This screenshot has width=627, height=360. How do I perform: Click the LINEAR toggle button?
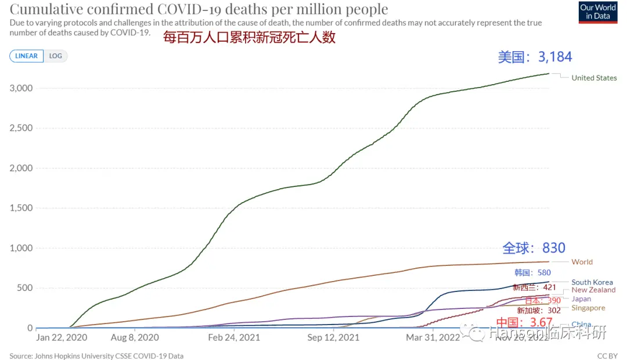tap(26, 56)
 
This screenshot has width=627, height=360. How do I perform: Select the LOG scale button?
tap(56, 56)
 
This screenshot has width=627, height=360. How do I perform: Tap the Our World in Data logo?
tap(598, 12)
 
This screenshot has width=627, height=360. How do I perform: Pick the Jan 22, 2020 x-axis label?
tap(62, 337)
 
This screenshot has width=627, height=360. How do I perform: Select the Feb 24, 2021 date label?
tap(234, 337)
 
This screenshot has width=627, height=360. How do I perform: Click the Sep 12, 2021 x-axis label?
tap(333, 337)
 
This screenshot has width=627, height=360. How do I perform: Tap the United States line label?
tap(594, 78)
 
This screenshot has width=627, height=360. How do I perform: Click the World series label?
tap(582, 262)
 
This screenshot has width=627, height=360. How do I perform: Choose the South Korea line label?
tap(592, 282)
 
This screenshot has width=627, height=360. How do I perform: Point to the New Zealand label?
tap(593, 290)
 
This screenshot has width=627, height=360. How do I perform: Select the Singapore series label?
tap(588, 308)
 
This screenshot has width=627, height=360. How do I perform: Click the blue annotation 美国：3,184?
tap(535, 57)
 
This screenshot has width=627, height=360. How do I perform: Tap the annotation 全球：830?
tap(534, 248)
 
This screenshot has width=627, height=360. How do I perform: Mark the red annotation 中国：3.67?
tap(520, 322)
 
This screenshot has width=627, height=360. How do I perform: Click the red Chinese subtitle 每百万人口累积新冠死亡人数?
tap(250, 38)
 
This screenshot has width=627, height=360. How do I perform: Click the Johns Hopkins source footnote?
tap(96, 356)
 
